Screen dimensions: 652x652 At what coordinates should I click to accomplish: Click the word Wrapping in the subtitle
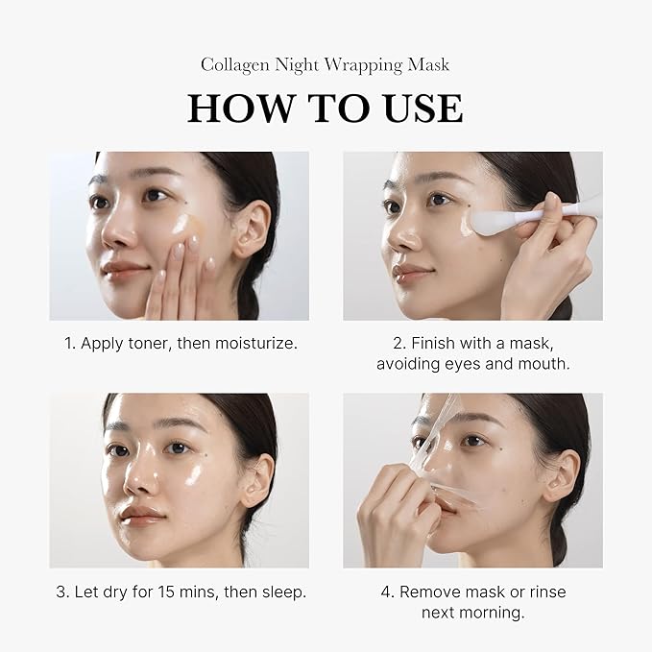(x=368, y=65)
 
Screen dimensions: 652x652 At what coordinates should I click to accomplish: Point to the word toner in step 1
(x=154, y=343)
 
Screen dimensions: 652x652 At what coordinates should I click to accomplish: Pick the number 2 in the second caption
(x=398, y=343)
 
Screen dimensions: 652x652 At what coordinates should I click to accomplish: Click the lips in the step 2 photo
(x=411, y=273)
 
